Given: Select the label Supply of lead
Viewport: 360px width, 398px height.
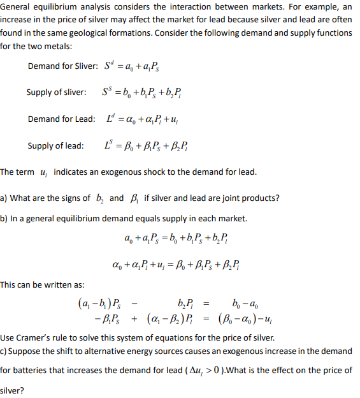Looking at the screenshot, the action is point(55,145).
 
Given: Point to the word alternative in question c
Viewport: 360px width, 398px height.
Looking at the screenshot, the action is point(130,351).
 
